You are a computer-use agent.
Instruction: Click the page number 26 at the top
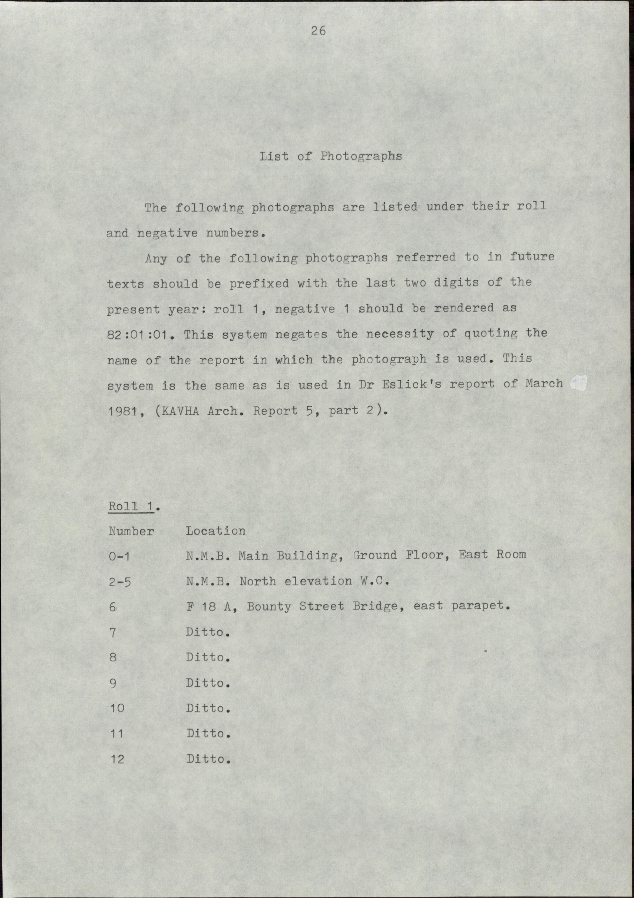point(318,30)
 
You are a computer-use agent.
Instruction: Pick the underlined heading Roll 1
point(131,506)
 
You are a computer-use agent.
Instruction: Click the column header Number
point(131,531)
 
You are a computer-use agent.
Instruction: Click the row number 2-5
point(120,582)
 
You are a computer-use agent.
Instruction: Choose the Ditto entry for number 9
point(207,683)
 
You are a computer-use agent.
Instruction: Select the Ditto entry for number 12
point(208,759)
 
